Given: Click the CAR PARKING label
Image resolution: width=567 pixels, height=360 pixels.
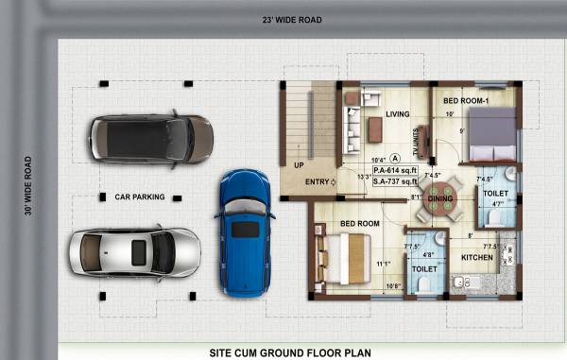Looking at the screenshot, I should [x=139, y=197].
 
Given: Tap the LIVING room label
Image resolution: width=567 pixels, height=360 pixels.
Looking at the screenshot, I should [x=397, y=114].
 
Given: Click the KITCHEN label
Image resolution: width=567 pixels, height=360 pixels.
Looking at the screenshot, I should [x=476, y=257].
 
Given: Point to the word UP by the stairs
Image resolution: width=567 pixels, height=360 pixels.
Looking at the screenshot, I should [x=299, y=164].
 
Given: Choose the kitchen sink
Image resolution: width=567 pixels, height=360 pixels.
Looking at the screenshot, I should [x=462, y=282].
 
